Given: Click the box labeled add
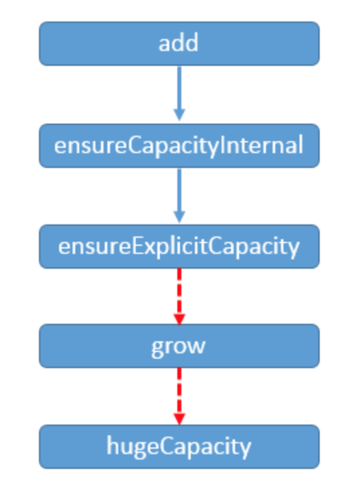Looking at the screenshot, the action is tap(179, 44).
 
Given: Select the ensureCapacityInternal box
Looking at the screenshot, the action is tap(179, 146).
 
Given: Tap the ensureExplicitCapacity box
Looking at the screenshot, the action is tap(179, 247).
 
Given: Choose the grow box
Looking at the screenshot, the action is tap(179, 346).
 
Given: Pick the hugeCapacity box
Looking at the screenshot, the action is tap(179, 447).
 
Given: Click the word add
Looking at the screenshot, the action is tap(179, 43).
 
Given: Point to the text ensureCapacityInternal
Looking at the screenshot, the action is tap(179, 146).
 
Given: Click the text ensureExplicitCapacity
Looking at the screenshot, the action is tap(179, 247).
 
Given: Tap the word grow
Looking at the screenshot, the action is tap(179, 347).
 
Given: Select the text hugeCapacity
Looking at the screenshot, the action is tap(179, 447).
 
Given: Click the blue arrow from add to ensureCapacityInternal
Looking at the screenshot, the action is tap(179, 93).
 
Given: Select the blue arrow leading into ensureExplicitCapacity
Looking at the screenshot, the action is tap(179, 195).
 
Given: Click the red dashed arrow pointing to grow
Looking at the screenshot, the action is tap(179, 296).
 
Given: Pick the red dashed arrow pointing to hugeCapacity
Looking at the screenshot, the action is tap(179, 396).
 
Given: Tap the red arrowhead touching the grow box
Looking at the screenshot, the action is tap(179, 319).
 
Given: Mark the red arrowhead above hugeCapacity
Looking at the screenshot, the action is tap(179, 419).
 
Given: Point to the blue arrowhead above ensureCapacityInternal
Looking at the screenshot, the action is tap(179, 115).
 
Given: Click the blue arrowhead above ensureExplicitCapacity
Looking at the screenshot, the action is tap(179, 217).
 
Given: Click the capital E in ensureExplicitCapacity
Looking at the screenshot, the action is tap(137, 246).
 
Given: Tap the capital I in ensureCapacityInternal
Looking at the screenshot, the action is tap(222, 145).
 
